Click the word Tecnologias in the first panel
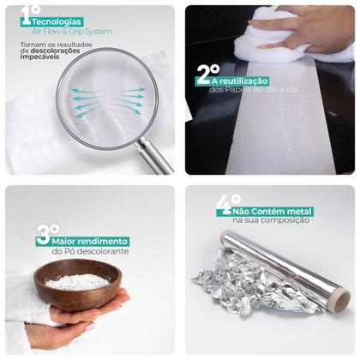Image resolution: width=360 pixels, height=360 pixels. [x=57, y=21]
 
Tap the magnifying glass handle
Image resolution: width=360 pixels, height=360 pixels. [x=153, y=155]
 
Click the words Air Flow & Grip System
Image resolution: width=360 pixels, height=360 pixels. [x=72, y=32]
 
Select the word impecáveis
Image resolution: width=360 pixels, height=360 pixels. [x=39, y=57]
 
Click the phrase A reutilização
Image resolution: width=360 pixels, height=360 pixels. [x=240, y=81]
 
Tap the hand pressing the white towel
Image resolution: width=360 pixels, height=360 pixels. [x=302, y=28]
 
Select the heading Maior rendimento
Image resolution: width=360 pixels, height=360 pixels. [x=89, y=242]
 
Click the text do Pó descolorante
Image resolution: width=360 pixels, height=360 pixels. [x=90, y=251]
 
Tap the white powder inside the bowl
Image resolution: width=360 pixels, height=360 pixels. [x=78, y=281]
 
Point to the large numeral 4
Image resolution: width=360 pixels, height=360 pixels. [x=224, y=206]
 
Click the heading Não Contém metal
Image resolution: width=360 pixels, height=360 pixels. [x=273, y=212]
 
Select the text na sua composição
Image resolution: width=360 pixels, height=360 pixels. [x=271, y=220]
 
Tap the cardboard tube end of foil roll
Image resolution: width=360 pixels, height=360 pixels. [x=342, y=303]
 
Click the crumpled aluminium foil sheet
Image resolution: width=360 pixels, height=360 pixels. [x=251, y=281]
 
